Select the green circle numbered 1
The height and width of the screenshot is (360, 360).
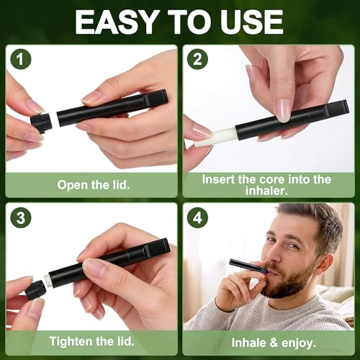click(x=21, y=59)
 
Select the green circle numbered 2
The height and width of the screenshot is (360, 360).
click(x=197, y=59)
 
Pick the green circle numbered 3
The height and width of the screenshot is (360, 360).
click(x=21, y=217)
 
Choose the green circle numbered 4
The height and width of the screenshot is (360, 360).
click(x=197, y=217)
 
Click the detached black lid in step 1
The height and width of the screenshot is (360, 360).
click(x=41, y=122)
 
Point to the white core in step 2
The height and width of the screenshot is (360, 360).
click(x=216, y=138)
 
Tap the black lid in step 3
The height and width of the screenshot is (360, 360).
click(x=35, y=290)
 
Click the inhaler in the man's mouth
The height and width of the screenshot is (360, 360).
click(x=248, y=266)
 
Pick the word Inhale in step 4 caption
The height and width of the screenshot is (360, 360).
click(x=248, y=343)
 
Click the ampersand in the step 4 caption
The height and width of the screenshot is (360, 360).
click(x=274, y=343)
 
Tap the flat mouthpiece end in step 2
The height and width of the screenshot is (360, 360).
click(x=336, y=109)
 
